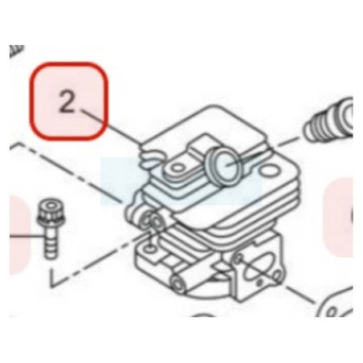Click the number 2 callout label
[67, 101]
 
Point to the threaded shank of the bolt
[51, 243]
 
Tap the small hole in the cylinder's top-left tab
[177, 168]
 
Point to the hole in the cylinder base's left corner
[150, 249]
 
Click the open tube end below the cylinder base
[178, 283]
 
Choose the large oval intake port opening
[258, 271]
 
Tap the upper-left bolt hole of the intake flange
[239, 258]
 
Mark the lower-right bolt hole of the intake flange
[277, 275]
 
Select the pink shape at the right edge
[338, 218]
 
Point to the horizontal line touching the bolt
[27, 236]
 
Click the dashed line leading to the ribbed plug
[290, 142]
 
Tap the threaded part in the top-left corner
[17, 51]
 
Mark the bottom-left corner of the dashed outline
[51, 287]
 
